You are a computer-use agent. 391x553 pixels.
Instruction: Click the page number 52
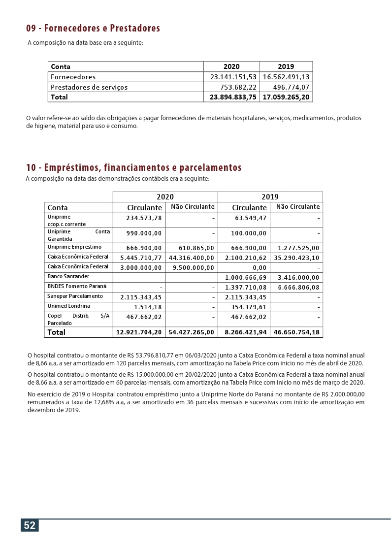coord(30,525)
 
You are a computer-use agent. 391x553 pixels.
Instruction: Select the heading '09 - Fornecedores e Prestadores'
coord(93,28)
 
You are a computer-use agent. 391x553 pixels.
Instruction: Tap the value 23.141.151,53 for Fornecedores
coord(233,77)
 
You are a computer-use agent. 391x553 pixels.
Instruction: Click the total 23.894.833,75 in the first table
coord(233,97)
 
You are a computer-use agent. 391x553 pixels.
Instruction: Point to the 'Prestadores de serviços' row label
coord(89,87)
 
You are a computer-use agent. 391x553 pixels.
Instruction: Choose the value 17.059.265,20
coord(286,97)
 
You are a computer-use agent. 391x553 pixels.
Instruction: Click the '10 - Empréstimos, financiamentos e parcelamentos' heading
coord(133,167)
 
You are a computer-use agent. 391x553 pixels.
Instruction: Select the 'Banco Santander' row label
coord(68,277)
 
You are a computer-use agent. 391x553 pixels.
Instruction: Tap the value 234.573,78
coord(144,218)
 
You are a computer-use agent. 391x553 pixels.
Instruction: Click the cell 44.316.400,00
coord(191,258)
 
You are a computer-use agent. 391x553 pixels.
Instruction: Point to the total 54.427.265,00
coord(191,332)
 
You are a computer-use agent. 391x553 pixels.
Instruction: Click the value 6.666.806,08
coord(298,287)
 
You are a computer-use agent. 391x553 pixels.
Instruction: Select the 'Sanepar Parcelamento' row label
coord(75,296)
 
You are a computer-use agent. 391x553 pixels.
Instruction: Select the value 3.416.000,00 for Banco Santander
coord(298,277)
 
